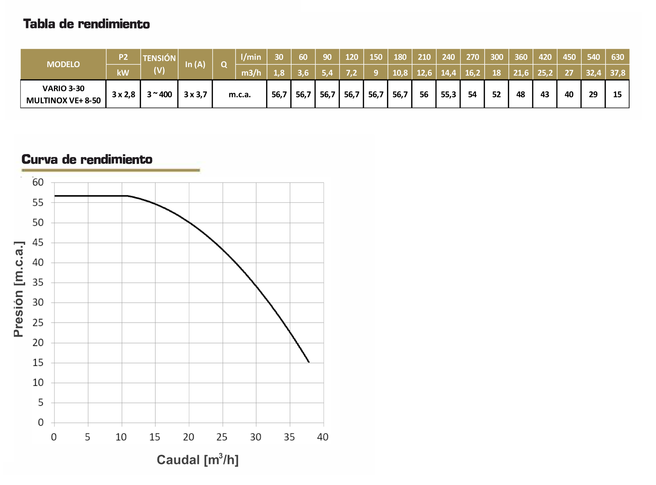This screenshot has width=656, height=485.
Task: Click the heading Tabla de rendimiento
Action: point(86,24)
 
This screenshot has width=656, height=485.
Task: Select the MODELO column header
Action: point(63,64)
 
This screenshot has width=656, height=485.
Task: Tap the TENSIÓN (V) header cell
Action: point(159,64)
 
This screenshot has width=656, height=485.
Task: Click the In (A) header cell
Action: point(195,64)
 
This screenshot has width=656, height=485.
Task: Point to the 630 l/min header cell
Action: point(617,57)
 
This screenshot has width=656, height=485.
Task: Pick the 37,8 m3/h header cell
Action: point(617,73)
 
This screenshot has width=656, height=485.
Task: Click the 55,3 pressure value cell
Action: point(448,94)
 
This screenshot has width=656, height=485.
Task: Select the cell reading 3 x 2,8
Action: point(123,94)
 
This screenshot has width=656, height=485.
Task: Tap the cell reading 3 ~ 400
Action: point(159,94)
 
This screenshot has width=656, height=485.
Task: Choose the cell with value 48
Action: point(520,94)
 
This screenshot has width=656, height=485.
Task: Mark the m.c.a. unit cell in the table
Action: point(239,94)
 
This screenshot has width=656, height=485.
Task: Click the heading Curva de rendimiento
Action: point(87,159)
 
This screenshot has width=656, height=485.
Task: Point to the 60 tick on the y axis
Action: point(38,182)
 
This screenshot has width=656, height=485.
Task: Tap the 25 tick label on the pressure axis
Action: point(38,323)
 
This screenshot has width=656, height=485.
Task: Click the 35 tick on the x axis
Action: point(289,437)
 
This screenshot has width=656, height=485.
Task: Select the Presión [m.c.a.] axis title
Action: point(18,289)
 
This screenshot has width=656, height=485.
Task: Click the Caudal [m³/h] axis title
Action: point(197,460)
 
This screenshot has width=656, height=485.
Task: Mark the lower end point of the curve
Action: point(309,362)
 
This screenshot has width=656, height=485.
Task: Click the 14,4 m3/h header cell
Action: point(448,73)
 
